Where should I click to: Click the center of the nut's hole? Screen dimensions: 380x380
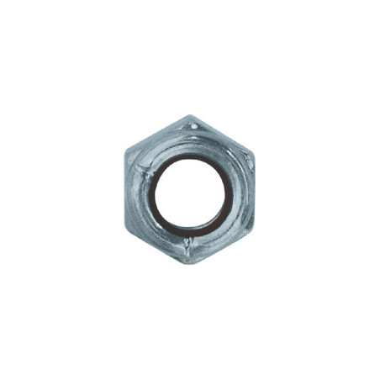coord(189,192)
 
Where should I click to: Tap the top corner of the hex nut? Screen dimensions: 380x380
coord(190,116)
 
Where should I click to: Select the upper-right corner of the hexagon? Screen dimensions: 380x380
coord(252,154)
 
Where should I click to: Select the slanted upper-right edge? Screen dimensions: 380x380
coord(222,135)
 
